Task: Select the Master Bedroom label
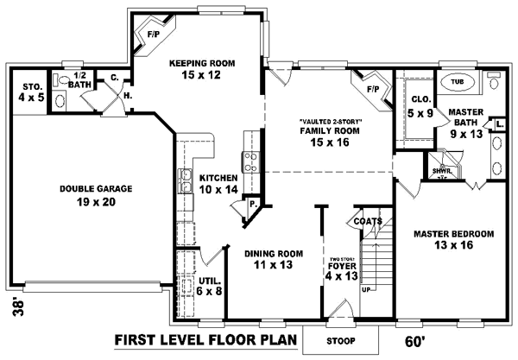(x=452, y=239)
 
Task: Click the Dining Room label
(x=273, y=259)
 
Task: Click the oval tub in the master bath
(x=458, y=84)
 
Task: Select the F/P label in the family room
(x=373, y=89)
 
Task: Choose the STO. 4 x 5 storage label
(x=33, y=92)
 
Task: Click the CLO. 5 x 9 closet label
(x=422, y=105)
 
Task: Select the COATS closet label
(x=368, y=222)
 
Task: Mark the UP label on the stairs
(x=366, y=288)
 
